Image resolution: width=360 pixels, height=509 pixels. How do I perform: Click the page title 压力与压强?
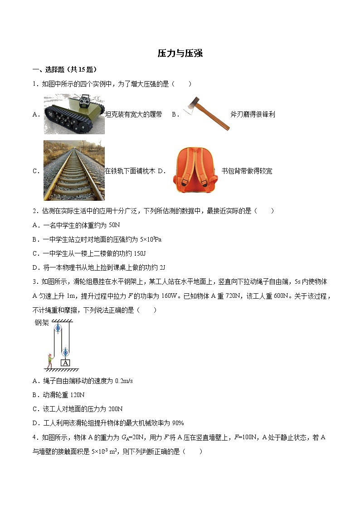tap(180, 53)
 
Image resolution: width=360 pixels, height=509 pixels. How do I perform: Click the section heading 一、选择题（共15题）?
tap(64, 69)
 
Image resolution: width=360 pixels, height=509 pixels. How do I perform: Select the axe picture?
tap(206, 113)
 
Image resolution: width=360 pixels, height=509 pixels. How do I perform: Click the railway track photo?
tap(74, 170)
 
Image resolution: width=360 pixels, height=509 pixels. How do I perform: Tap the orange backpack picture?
tap(195, 170)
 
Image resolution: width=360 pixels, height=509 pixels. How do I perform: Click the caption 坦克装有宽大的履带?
tap(133, 115)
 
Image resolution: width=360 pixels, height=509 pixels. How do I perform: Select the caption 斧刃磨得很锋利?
tap(253, 115)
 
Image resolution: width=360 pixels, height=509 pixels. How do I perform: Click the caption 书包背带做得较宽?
tap(247, 171)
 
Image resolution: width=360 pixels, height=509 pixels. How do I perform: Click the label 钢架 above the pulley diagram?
tap(42, 323)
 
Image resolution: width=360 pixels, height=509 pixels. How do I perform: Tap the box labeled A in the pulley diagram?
tap(65, 363)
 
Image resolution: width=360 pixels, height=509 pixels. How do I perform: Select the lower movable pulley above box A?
tap(65, 352)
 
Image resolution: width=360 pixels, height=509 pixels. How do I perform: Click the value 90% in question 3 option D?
tap(177, 423)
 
